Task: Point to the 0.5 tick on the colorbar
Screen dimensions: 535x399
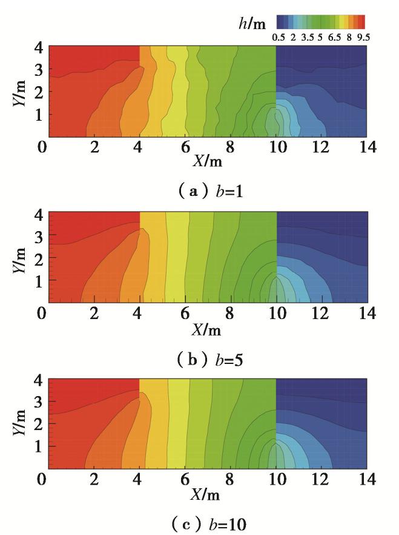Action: coord(279,37)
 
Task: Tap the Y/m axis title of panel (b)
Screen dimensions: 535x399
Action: coord(19,257)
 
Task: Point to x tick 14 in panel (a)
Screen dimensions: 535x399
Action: coord(366,147)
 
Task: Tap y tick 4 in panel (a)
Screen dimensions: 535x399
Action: coord(37,47)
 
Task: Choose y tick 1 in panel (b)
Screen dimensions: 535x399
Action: coord(37,280)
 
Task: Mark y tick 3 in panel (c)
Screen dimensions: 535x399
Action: coord(37,402)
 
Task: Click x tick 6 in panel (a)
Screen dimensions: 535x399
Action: coord(185,147)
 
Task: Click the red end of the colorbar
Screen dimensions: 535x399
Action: coord(361,22)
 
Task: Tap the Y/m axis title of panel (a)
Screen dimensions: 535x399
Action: coord(19,90)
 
